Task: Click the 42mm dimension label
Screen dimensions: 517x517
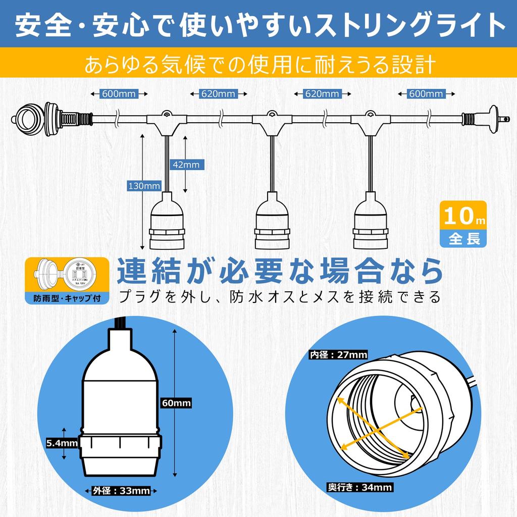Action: pyautogui.click(x=185, y=165)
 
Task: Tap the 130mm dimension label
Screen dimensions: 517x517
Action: pyautogui.click(x=144, y=186)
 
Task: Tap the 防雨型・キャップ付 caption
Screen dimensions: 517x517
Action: pyautogui.click(x=67, y=297)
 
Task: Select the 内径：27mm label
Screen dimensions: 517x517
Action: pyautogui.click(x=338, y=354)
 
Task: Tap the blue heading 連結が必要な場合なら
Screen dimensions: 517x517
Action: pyautogui.click(x=280, y=271)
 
